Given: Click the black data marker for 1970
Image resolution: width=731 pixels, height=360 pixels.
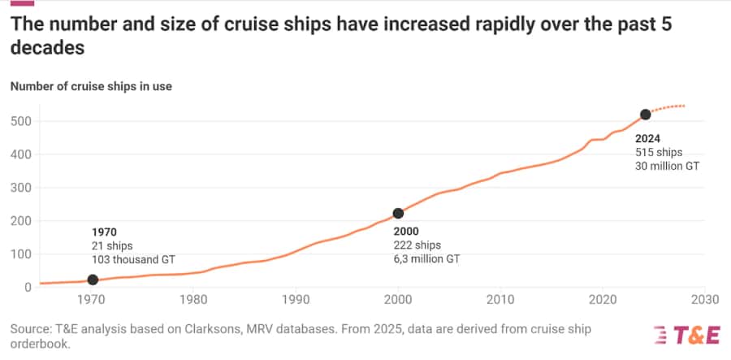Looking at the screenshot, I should (93, 280).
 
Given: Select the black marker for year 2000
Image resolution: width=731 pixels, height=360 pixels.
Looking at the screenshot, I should (398, 214).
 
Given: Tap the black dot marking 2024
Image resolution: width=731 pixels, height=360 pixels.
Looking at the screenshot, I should (645, 115).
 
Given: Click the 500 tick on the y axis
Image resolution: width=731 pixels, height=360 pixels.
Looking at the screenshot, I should (20, 121).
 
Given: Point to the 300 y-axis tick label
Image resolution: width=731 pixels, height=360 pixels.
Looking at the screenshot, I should (20, 188).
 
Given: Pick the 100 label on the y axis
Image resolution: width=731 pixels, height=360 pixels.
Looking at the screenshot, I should (20, 254).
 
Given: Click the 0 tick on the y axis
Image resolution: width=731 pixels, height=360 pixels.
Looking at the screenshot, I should (27, 287).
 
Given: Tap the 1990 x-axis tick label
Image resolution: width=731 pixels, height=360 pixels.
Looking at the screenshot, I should (296, 300).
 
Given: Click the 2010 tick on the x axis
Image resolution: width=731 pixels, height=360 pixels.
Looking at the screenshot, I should (500, 300).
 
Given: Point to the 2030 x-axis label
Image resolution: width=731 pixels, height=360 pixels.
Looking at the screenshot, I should (703, 300).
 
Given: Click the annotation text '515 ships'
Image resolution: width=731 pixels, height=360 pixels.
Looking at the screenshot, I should (659, 152).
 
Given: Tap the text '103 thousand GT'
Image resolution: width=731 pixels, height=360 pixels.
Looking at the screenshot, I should (133, 259).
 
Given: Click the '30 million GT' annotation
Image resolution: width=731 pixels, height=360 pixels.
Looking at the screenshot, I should (668, 166).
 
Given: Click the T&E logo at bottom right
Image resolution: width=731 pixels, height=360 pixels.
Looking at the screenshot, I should (686, 335).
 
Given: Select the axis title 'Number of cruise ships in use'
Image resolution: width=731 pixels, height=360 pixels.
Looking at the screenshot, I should (90, 85).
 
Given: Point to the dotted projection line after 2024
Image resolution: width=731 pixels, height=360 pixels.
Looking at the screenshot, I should (670, 106).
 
